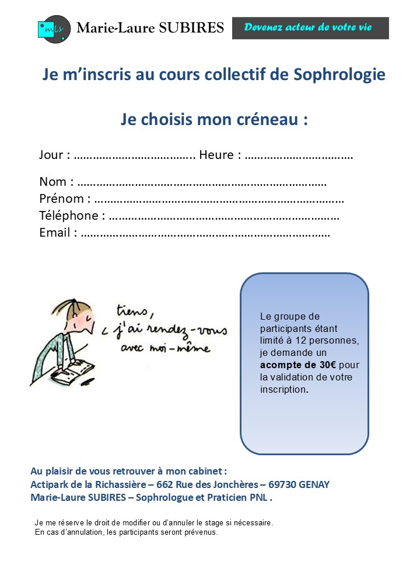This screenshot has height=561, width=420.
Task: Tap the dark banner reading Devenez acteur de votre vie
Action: pos(310,27)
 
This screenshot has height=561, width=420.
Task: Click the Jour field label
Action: pos(54,155)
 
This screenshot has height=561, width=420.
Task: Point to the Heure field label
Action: pos(220,155)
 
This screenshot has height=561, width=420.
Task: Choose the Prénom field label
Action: pos(65,199)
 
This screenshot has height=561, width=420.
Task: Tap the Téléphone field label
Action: pos(72,216)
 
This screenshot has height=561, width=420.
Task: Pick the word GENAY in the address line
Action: pos(317,485)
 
